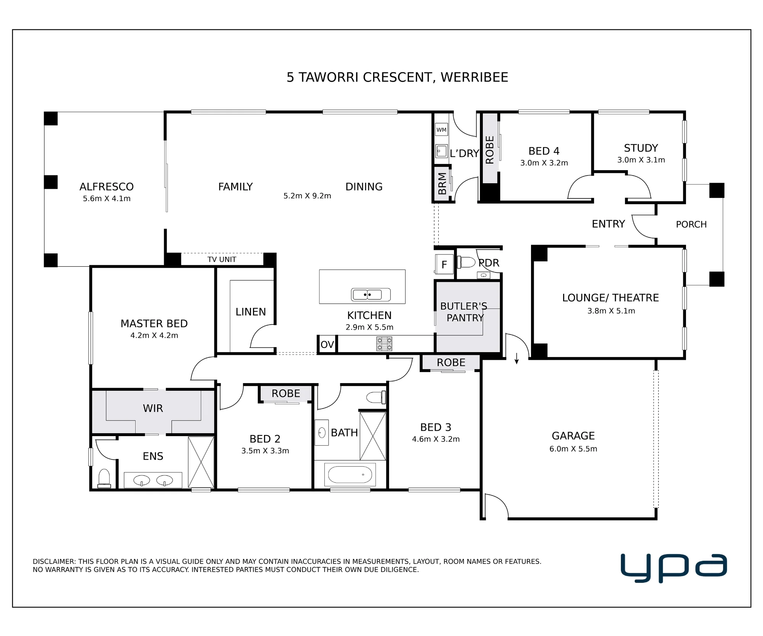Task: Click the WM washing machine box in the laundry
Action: coord(441,130)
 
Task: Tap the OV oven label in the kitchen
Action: coord(327,345)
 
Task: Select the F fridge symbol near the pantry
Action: coord(444,264)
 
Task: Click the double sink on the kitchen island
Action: coord(370,295)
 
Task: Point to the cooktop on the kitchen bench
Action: coord(384,344)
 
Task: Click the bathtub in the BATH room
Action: coord(350,475)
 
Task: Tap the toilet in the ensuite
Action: coord(104,479)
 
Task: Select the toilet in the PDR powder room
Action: coord(466,262)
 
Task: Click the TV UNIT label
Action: coord(222,259)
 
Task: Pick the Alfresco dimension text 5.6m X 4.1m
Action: coord(107,198)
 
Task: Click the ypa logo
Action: coord(674,568)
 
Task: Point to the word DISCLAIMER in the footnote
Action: coord(54,562)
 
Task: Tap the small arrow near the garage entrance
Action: coord(517,358)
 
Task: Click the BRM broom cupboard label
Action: coord(442,184)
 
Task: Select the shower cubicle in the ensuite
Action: coord(201,462)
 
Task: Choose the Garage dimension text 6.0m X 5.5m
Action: coord(573,449)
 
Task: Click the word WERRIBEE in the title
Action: coord(474,77)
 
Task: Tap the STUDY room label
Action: coord(641,148)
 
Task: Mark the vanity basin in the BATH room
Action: coord(322,433)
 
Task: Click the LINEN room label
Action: coord(251,312)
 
